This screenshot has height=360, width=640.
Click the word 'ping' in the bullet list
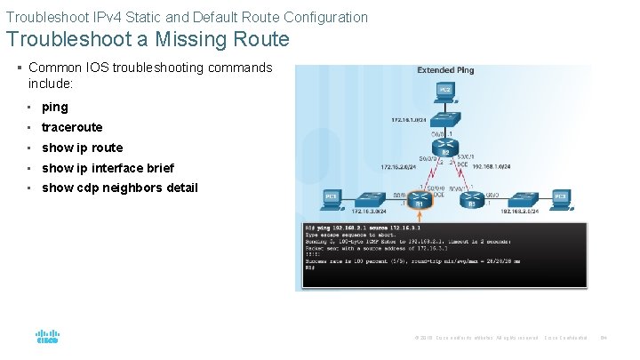tap(54, 107)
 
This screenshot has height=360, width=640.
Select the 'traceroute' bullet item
tap(72, 127)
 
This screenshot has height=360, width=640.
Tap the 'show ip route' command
tap(82, 148)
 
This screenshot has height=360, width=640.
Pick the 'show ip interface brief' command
tap(108, 168)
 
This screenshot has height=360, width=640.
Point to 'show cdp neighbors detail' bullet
tap(120, 188)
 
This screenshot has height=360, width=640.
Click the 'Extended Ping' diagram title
tap(445, 70)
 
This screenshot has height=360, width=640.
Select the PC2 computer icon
tap(445, 90)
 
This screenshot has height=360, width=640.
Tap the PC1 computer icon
tap(330, 197)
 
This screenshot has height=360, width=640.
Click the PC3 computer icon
tap(561, 197)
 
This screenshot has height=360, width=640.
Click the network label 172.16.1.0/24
tap(408, 119)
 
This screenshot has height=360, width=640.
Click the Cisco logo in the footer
tap(46, 337)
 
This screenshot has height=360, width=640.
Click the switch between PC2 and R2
tap(445, 122)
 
